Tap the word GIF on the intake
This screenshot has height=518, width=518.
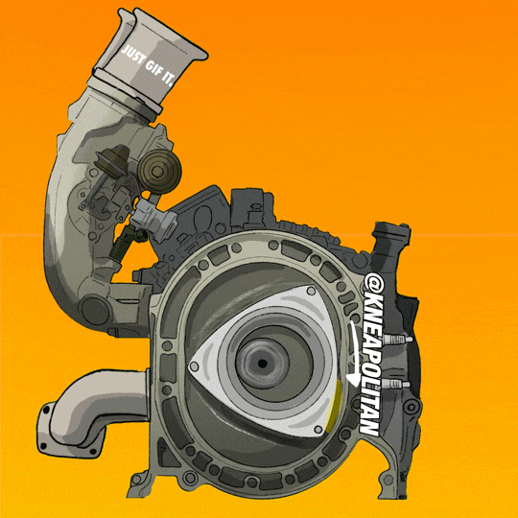(154, 68)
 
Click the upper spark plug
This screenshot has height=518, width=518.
(397, 340)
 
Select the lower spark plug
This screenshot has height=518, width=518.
(395, 385)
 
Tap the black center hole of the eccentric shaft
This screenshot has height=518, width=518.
(263, 364)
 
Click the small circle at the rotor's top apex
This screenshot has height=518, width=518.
(311, 291)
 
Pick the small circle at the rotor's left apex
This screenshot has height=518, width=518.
(194, 366)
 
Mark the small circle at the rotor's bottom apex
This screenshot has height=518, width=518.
(318, 429)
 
